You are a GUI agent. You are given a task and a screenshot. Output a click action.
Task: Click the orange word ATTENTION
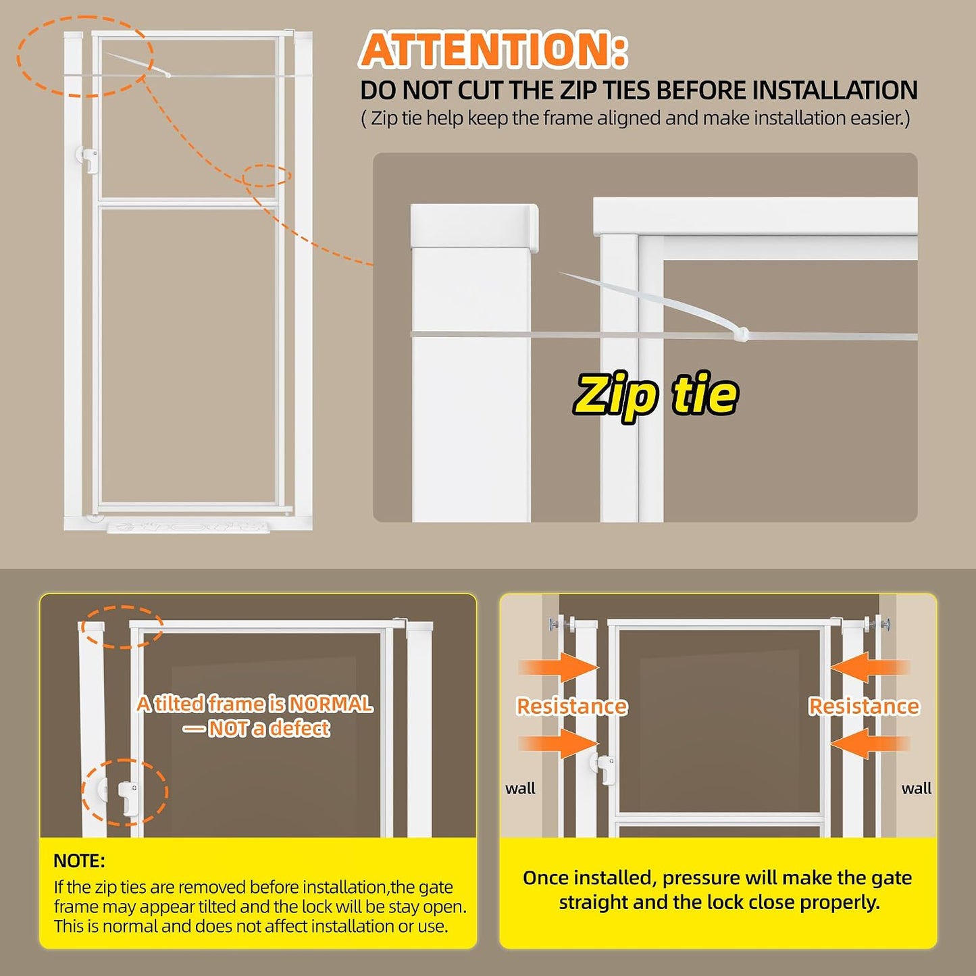[493, 49]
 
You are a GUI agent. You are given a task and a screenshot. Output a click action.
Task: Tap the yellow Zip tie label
[655, 396]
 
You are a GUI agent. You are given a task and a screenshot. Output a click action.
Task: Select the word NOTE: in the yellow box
[79, 861]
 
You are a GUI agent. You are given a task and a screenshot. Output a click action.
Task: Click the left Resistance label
[572, 706]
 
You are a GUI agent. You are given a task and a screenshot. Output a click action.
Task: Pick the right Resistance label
[864, 706]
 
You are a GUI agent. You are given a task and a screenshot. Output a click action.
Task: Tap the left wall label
[520, 788]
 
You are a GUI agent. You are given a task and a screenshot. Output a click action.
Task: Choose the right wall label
[917, 788]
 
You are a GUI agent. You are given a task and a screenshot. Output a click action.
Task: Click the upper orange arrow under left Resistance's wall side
[558, 667]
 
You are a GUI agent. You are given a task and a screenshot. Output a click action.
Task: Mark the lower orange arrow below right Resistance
[870, 743]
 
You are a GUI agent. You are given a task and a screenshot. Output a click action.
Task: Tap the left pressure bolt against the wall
[560, 623]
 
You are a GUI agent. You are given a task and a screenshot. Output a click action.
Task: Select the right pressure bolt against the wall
[878, 623]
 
